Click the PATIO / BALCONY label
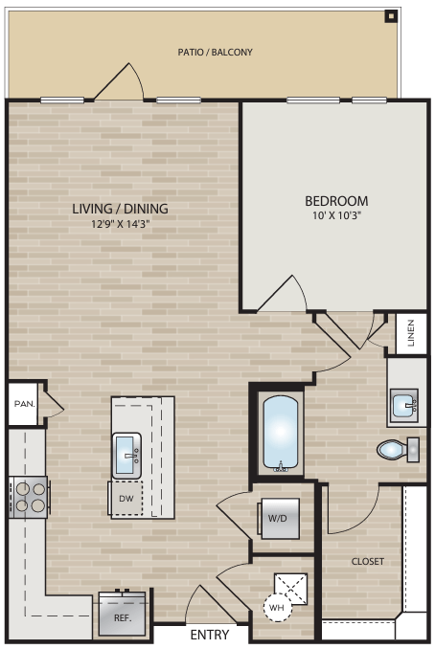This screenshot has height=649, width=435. pyautogui.click(x=216, y=52)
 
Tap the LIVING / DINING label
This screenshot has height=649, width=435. pyautogui.click(x=120, y=208)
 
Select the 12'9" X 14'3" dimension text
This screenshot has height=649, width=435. pyautogui.click(x=120, y=225)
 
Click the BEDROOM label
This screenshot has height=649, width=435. pyautogui.click(x=336, y=201)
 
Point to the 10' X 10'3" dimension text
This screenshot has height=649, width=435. pyautogui.click(x=336, y=217)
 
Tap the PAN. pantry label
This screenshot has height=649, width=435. pyautogui.click(x=24, y=404)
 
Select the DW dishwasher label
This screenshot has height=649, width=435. pyautogui.click(x=126, y=500)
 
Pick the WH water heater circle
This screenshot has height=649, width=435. pyautogui.click(x=276, y=607)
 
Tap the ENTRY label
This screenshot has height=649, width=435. pyautogui.click(x=209, y=636)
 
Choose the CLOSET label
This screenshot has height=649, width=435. pyautogui.click(x=368, y=562)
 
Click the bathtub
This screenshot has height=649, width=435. pyautogui.click(x=282, y=434)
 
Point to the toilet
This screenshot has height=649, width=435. pyautogui.click(x=395, y=448)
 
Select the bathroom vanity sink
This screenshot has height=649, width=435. pyautogui.click(x=406, y=406)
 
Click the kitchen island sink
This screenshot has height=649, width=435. pyautogui.click(x=127, y=454)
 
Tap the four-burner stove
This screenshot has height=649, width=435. pyautogui.click(x=29, y=496)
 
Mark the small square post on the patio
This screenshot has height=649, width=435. pyautogui.click(x=390, y=15)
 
